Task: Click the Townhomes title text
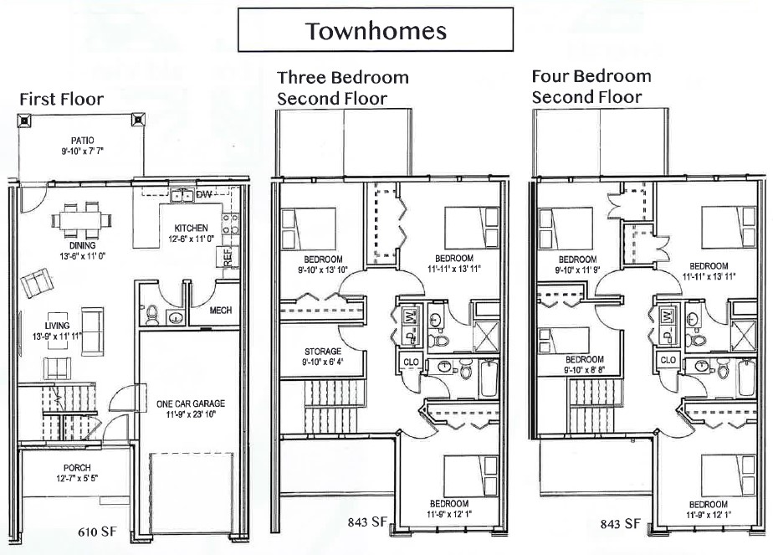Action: coord(376,31)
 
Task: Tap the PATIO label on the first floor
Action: coord(82,141)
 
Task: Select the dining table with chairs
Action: coord(81,219)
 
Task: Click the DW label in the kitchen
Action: coord(203,195)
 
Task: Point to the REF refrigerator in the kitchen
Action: coord(228,257)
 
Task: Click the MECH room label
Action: coord(220,311)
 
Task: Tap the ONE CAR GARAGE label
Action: coord(191,403)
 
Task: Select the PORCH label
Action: coord(78,468)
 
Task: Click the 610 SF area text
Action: coord(98,532)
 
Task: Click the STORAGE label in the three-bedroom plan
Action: coord(323,352)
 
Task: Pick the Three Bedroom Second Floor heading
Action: coord(343,88)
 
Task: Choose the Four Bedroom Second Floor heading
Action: coord(591,86)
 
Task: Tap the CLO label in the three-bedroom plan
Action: coord(411,362)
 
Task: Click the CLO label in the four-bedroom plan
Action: coord(668,360)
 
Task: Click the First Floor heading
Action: coord(62,99)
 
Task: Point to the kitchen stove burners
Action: coord(231,224)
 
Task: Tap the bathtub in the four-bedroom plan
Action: coord(747,378)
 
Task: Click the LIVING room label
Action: coord(57,326)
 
